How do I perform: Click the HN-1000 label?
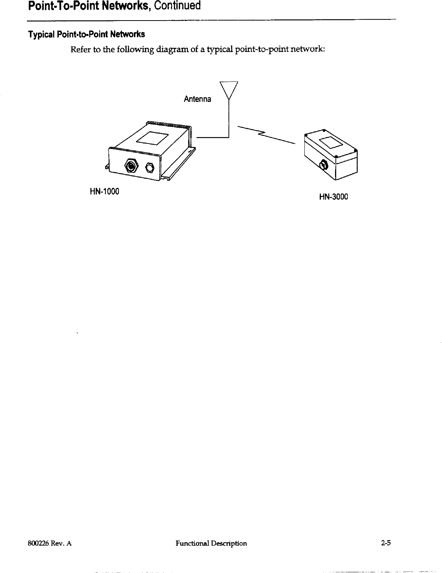click(104, 192)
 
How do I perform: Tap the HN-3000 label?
click(333, 197)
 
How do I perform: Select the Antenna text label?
click(197, 99)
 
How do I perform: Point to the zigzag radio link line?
click(266, 134)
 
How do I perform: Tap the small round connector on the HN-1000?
click(150, 167)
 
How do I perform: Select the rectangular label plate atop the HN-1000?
click(152, 138)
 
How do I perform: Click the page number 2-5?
click(386, 543)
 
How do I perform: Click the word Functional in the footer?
click(191, 543)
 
